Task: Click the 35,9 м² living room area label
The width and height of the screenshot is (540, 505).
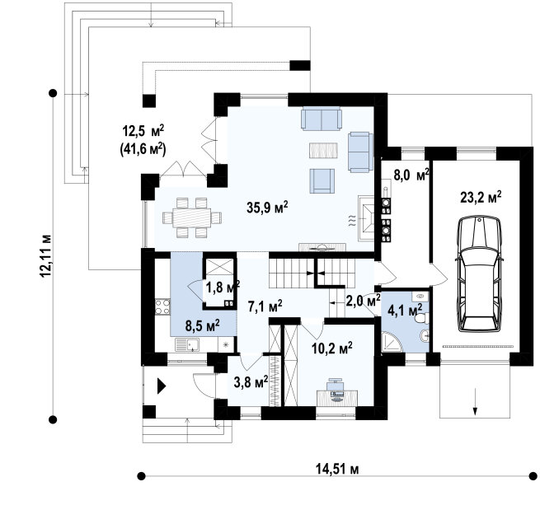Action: click(267, 208)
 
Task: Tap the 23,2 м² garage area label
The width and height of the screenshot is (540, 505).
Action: click(481, 197)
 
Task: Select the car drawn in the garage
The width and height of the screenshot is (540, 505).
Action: click(479, 274)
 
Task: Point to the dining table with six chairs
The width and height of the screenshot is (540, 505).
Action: click(192, 217)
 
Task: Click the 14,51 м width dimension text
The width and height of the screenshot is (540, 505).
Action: click(337, 469)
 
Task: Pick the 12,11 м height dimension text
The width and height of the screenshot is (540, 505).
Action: click(45, 255)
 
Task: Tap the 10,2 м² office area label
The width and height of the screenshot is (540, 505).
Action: click(331, 348)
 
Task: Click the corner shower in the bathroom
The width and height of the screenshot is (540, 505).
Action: click(392, 342)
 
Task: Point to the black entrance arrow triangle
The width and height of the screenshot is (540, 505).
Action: click(162, 386)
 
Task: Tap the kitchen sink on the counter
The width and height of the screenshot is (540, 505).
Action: click(187, 344)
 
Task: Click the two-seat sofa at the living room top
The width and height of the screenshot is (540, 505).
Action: click(322, 119)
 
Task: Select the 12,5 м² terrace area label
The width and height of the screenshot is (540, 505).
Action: click(143, 131)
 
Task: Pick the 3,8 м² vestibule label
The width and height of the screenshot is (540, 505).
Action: click(251, 382)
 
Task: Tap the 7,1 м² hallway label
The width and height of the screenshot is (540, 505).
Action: click(265, 306)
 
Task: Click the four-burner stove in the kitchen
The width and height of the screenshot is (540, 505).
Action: click(162, 307)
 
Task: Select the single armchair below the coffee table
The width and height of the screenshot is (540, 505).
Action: click(322, 180)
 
